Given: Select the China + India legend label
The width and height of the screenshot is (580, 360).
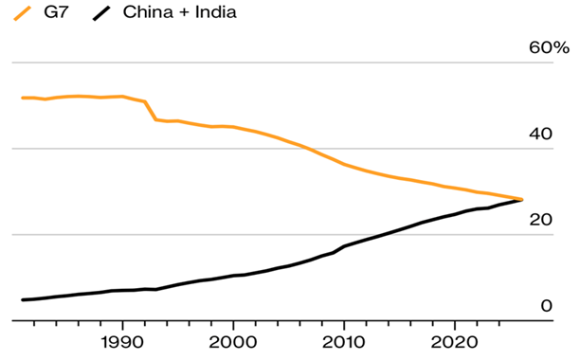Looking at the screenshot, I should point(180,12).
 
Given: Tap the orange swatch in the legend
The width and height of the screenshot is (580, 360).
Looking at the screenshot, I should point(16,12).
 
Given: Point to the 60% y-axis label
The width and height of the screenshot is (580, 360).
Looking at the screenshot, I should point(549,48).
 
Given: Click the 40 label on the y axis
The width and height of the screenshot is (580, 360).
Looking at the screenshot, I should point(539,134).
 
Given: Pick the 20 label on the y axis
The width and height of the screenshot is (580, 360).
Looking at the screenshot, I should point(539,219).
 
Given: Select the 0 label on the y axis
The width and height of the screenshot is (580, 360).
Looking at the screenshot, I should point(545,305).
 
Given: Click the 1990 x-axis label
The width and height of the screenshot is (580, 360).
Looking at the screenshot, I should point(121,341).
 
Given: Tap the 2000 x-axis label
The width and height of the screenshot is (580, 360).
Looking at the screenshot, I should point(232,341).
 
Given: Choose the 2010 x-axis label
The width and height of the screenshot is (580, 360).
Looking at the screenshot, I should point(343,341).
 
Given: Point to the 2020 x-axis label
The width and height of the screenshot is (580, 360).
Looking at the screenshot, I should point(454,341).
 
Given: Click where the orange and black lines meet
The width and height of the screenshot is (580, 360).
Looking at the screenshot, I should point(520,199).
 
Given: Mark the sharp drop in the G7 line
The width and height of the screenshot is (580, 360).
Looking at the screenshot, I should point(151,110).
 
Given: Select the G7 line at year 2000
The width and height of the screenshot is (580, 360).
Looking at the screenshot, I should point(232,127).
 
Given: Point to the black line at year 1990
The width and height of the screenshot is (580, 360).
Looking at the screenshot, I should point(121,290).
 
